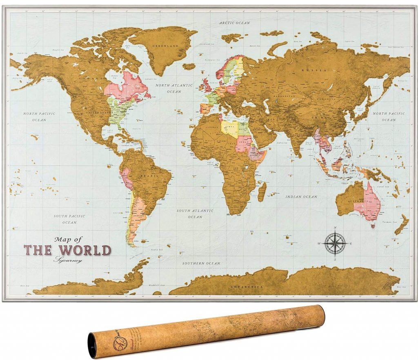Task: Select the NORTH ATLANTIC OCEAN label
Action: tap(174, 89)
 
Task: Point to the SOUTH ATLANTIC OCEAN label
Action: tap(195, 214)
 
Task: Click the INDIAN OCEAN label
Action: tap(301, 197)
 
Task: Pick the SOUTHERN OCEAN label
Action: tap(201, 263)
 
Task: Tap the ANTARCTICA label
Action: tap(247, 287)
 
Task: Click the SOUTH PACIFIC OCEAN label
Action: tap(70, 219)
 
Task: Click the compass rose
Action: tap(335, 243)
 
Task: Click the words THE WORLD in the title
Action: tap(67, 250)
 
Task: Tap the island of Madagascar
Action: tap(262, 192)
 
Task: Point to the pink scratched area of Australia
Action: tap(369, 202)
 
